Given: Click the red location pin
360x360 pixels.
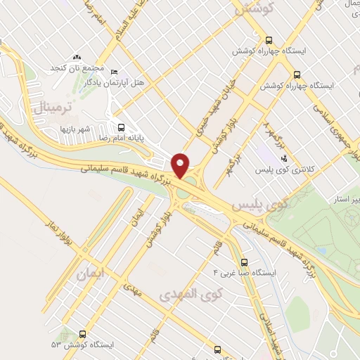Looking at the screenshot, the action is pos(181,165).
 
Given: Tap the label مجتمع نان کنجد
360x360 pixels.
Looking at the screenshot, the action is pos(77,69).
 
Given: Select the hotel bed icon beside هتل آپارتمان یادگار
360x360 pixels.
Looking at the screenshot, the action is pos(115,72).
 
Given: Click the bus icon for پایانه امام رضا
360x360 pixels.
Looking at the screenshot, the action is pos(121,128).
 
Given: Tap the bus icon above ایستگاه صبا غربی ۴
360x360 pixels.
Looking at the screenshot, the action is pos(244,260).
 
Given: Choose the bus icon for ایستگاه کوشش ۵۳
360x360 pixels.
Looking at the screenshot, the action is pos(84,334).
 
